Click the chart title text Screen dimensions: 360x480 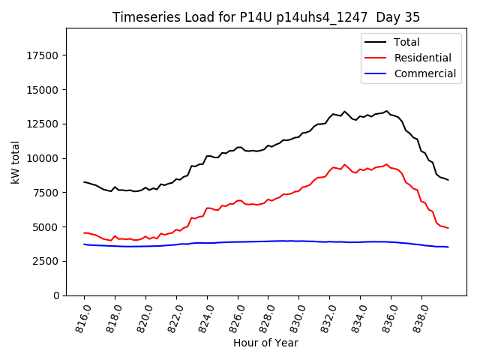[x=265, y=17]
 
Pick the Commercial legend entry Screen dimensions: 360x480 [x=424, y=73]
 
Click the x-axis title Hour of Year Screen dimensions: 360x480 [x=265, y=343]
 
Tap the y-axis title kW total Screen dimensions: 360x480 [x=15, y=162]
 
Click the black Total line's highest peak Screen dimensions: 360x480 [x=387, y=111]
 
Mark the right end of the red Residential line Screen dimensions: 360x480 [x=448, y=228]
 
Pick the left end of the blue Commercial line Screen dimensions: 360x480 [x=84, y=244]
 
